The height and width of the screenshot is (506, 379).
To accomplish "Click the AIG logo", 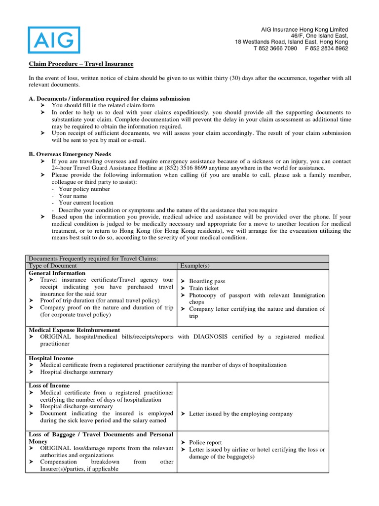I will pos(54,40).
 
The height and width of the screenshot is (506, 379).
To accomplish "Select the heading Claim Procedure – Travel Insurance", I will pos(80,64).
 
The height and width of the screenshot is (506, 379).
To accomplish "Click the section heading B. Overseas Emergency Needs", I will pos(70,154).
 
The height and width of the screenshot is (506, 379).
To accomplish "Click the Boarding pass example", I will pos(207,281).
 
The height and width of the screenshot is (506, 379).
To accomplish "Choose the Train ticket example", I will pos(204,288).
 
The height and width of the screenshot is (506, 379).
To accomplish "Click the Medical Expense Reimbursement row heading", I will pos(74,330).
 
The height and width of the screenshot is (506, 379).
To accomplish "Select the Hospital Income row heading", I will pos(51,358).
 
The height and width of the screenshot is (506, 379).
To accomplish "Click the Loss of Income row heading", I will pos(49,385).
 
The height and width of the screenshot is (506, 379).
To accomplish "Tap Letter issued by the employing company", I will pos(241,414).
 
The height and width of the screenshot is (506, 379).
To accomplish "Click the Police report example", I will pos(205,443).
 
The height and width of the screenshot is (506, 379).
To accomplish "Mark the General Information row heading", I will pos(57,273).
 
